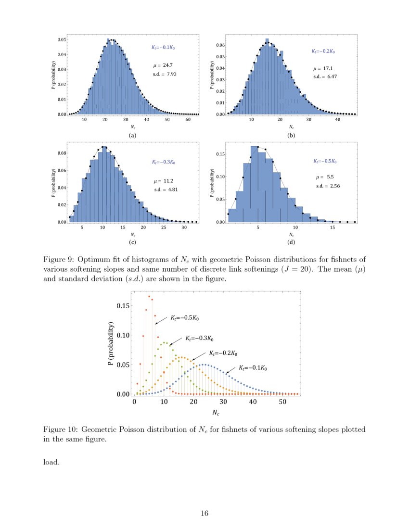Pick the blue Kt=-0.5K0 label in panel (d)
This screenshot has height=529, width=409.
[x=324, y=161]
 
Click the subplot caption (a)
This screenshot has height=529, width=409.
[x=133, y=136]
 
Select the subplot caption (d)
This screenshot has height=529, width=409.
[x=291, y=244]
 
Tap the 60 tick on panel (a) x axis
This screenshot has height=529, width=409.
[x=188, y=120]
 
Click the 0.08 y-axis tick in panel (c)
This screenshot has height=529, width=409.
[x=62, y=153]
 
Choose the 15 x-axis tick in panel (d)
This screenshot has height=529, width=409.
[x=332, y=227]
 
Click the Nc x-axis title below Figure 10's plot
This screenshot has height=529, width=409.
[x=217, y=413]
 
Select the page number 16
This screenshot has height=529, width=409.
[x=204, y=514]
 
